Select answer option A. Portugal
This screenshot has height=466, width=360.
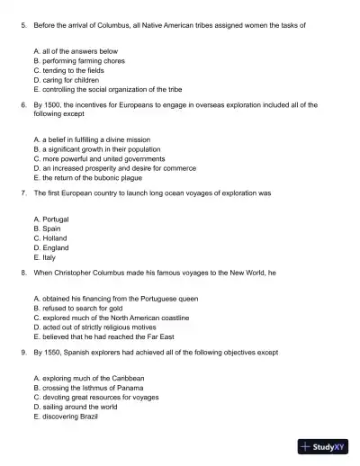click(x=50, y=219)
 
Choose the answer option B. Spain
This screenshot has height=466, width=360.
click(x=48, y=229)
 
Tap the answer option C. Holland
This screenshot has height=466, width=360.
click(x=50, y=238)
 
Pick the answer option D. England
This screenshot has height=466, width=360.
click(x=50, y=247)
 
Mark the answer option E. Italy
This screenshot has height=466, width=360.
click(x=45, y=257)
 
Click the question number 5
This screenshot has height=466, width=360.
click(x=22, y=25)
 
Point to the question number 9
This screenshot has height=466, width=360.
click(x=22, y=352)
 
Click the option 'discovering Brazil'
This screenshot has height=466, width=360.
click(x=68, y=417)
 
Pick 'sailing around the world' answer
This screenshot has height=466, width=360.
click(x=77, y=407)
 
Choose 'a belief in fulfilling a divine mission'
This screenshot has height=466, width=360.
click(x=91, y=140)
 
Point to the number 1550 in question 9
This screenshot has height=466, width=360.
click(x=51, y=352)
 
